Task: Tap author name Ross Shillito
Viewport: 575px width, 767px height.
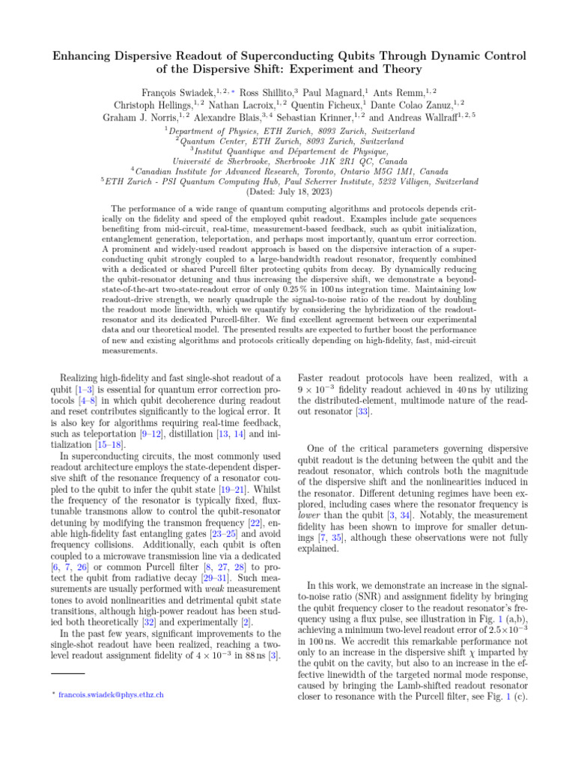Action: [x=266, y=91]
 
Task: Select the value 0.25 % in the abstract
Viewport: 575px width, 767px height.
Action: [x=337, y=276]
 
